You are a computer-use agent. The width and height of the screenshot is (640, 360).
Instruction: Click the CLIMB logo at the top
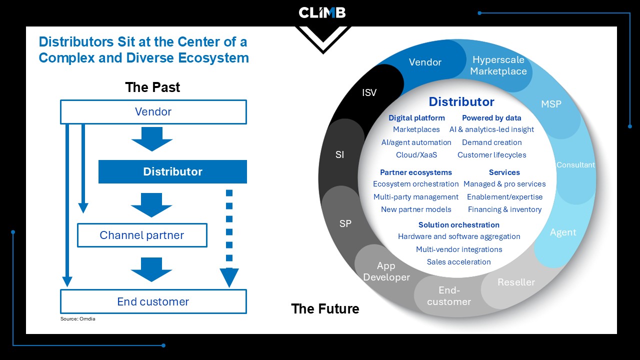point(322,12)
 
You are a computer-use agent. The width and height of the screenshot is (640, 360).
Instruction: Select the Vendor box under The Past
point(153,111)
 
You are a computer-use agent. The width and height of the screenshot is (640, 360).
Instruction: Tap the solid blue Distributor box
point(172,171)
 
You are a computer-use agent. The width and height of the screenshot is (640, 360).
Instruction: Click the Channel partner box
point(142,235)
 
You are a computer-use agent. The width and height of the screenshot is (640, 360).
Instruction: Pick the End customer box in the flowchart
point(153,301)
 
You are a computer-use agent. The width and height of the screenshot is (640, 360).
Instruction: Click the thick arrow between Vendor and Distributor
point(152,139)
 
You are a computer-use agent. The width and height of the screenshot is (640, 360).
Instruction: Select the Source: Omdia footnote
point(77,319)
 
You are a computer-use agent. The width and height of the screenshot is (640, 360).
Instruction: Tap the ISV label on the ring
point(369,92)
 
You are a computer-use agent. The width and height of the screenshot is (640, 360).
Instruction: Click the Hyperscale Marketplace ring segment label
point(498,65)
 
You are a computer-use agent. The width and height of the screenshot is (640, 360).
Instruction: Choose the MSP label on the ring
point(551,104)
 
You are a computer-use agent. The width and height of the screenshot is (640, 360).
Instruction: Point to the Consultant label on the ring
point(575,165)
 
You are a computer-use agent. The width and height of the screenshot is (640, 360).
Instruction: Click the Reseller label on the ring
point(516,282)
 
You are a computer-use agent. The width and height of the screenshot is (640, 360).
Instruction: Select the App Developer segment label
point(386,271)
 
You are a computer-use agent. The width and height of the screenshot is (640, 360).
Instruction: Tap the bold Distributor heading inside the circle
point(461,101)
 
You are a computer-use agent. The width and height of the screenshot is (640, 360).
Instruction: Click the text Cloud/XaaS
point(416,155)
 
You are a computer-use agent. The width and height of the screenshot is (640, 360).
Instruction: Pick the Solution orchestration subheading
point(459,225)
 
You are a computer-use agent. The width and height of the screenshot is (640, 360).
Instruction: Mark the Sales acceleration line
point(458,261)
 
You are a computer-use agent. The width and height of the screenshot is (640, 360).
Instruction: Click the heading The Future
point(325,308)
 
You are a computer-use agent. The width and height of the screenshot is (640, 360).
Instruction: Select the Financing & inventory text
point(504,209)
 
